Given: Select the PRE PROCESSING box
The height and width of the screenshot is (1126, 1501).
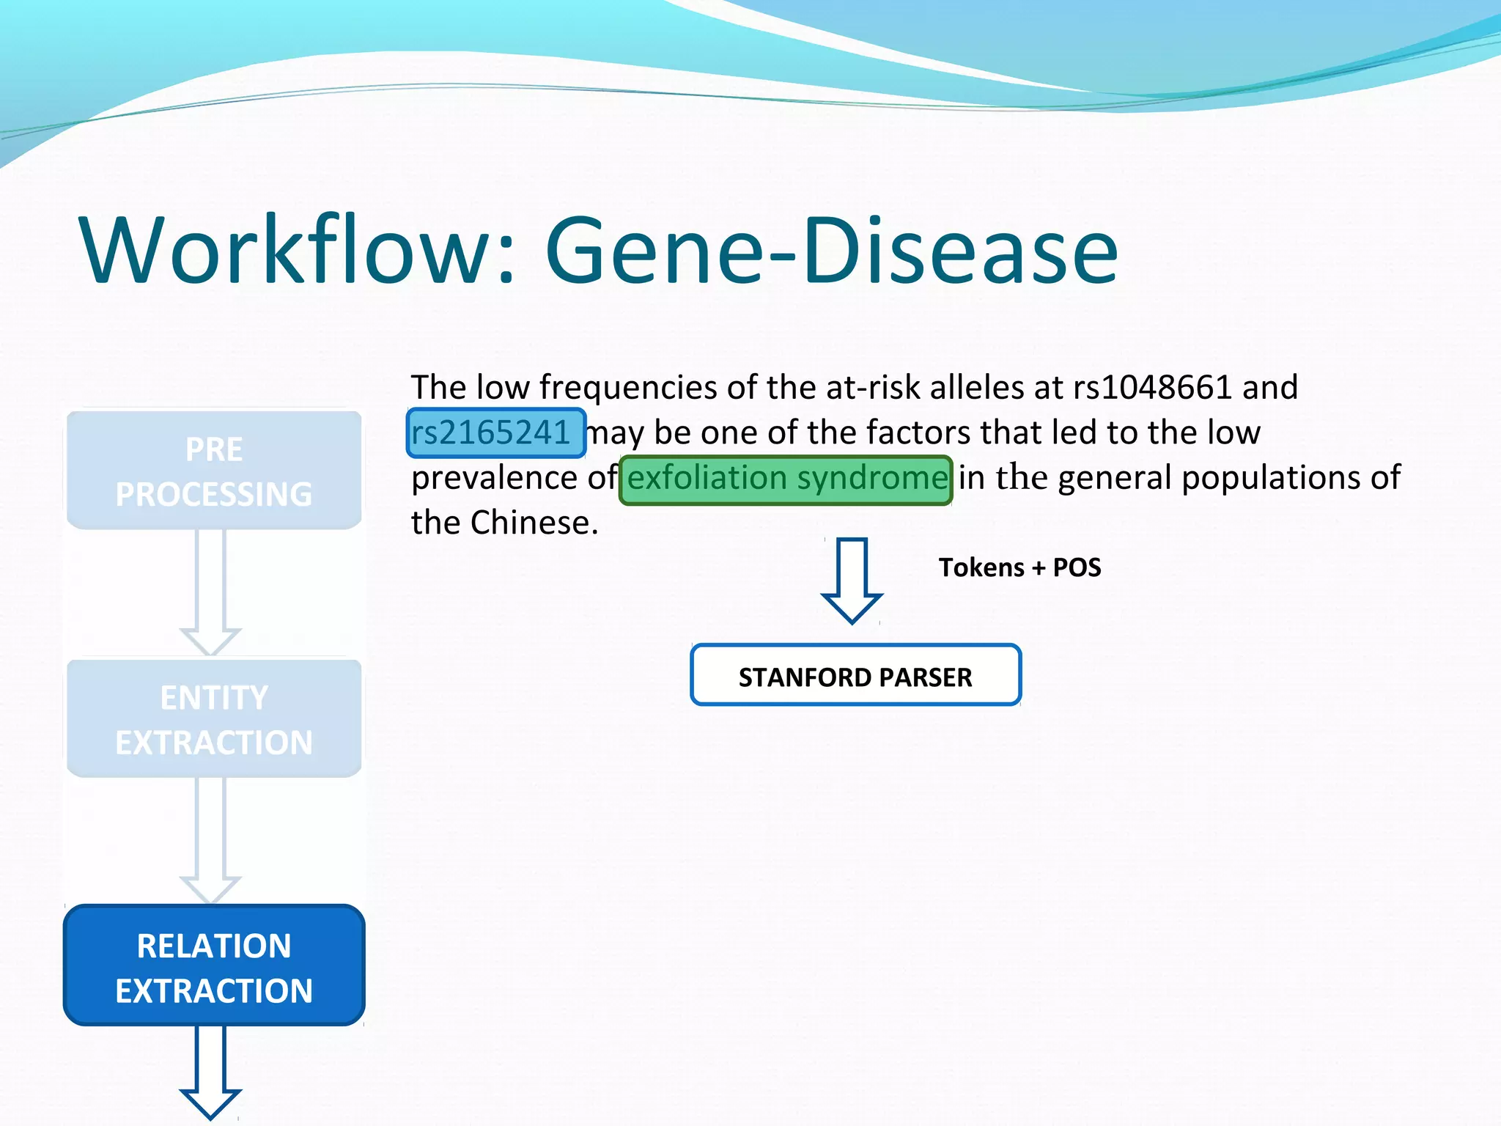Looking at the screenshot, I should (214, 471).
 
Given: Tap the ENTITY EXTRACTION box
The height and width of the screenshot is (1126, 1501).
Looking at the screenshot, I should (214, 719).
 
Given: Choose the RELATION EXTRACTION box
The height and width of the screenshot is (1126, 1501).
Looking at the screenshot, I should (214, 966).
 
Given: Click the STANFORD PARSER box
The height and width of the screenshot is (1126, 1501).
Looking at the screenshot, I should (855, 676).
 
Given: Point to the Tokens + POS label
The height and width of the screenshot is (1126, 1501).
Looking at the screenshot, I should (1019, 567).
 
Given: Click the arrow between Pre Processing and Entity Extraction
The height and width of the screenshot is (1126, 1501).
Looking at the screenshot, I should (211, 591).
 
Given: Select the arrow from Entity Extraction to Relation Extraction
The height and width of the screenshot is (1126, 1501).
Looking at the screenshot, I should (211, 839).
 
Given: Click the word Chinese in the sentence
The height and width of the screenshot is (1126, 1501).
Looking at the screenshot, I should (534, 523).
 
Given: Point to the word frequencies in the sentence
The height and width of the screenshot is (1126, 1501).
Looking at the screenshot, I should (628, 387).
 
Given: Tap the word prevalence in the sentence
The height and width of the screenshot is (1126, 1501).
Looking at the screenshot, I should (494, 479).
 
